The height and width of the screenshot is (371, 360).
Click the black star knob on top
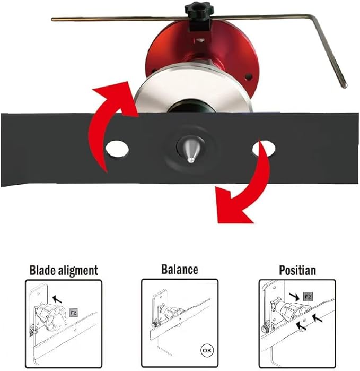(x=199, y=9)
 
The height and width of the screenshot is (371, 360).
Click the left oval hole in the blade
(x=117, y=149)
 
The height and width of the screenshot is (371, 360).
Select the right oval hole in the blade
(x=264, y=149)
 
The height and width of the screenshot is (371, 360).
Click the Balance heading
(x=180, y=270)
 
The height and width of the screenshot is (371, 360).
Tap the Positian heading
(x=297, y=270)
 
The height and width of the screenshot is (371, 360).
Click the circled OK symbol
(x=207, y=350)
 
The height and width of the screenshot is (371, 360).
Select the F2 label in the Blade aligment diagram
(x=74, y=313)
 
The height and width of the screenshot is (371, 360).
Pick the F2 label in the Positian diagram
(x=308, y=297)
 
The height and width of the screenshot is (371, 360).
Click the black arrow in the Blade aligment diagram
(x=57, y=299)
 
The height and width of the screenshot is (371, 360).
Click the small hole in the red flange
(x=248, y=76)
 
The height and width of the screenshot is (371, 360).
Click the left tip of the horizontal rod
(x=52, y=20)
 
